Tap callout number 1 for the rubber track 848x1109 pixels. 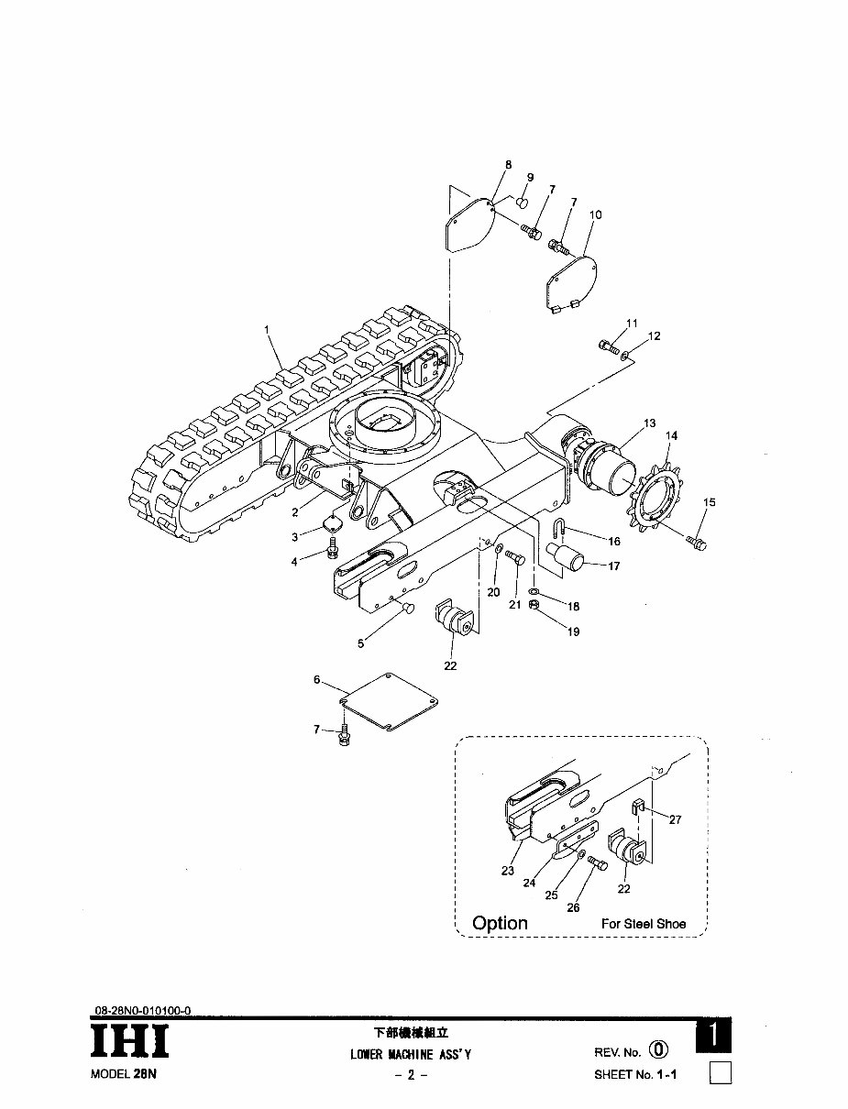point(268,328)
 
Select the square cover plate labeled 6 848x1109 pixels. point(390,702)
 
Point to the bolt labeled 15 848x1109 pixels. point(696,544)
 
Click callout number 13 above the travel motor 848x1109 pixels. point(650,423)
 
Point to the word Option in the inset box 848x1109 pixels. point(500,923)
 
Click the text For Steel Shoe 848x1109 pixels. point(643,924)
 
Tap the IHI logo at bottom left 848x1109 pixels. point(129,1042)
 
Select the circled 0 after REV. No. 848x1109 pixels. point(658,1051)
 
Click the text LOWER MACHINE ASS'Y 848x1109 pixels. point(411,1054)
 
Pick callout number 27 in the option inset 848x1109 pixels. point(675,820)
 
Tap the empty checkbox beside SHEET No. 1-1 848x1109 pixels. point(721,1072)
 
